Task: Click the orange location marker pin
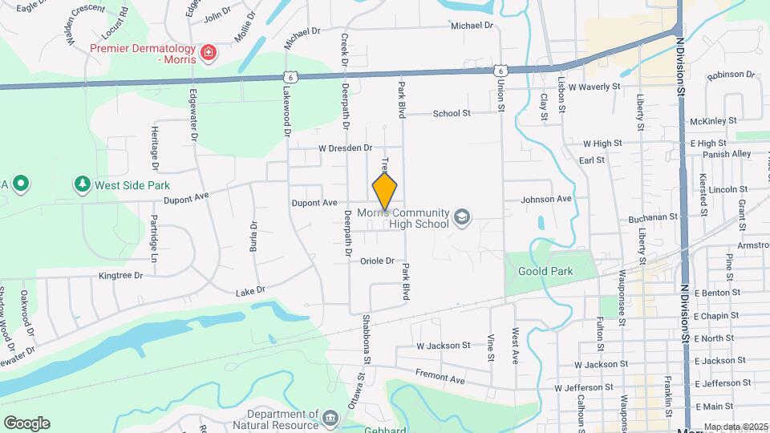point(385,191)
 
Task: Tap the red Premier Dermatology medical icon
point(209,53)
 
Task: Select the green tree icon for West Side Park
point(82,185)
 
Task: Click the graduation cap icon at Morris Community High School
point(461,217)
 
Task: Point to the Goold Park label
point(545,271)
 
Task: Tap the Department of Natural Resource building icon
point(330,419)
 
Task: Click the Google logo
point(26,423)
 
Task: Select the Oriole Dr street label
point(377,261)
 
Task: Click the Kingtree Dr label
point(120,275)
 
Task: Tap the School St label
point(452,113)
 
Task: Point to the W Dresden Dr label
point(346,148)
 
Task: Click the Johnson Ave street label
point(546,198)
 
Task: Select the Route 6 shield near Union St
point(499,71)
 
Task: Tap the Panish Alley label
point(727,154)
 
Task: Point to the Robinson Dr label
point(731,75)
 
